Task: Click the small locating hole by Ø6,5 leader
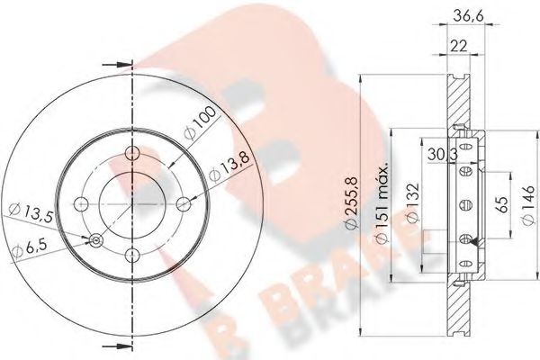click(95, 238)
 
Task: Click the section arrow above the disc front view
click(114, 64)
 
